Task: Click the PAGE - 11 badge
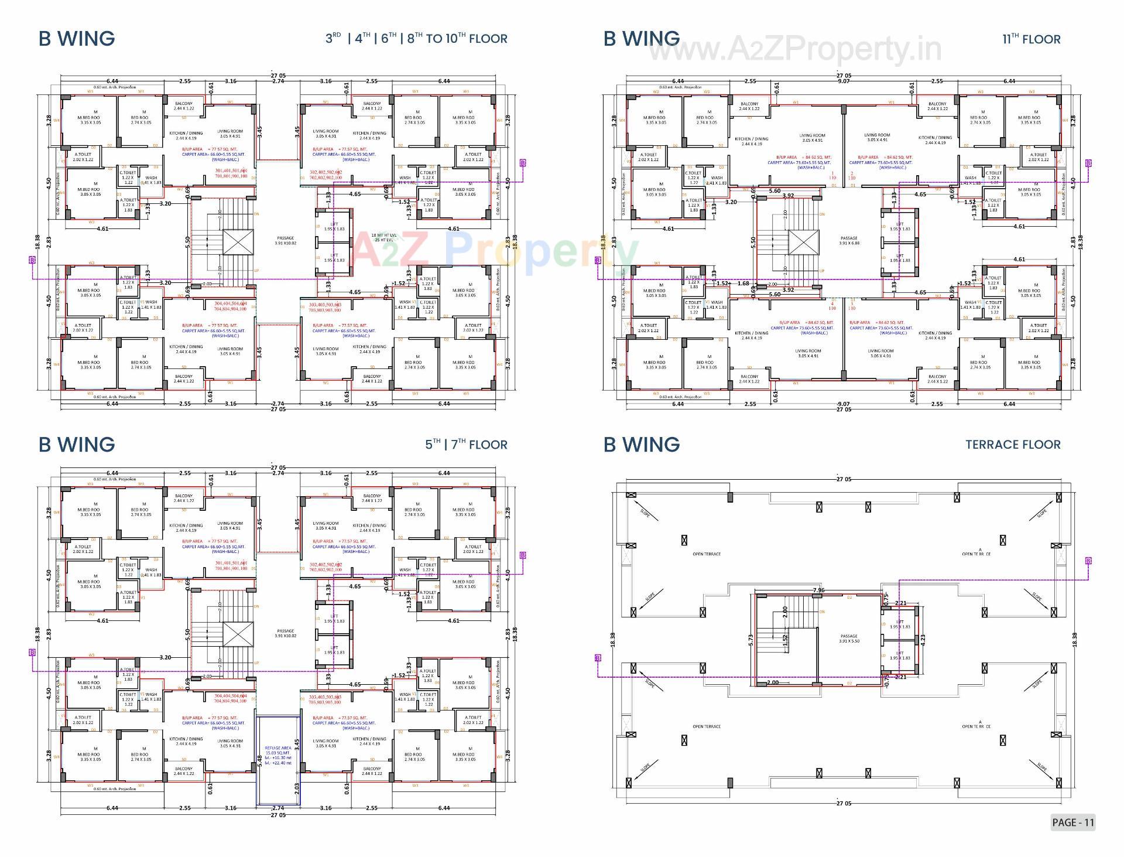(x=1072, y=822)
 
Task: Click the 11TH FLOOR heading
(x=1031, y=39)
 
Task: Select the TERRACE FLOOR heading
(x=1013, y=445)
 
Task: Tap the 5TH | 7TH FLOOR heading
(x=466, y=445)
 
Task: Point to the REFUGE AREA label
(x=278, y=748)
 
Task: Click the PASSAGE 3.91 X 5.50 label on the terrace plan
(x=849, y=639)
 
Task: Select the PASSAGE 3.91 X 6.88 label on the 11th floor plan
(x=849, y=241)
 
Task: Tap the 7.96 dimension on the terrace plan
(x=818, y=590)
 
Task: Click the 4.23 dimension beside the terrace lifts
(x=923, y=639)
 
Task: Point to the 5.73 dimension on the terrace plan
(x=751, y=641)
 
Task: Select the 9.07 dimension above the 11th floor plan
(x=844, y=81)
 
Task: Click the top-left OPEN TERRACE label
(x=707, y=554)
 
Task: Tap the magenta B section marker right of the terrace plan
(x=1088, y=561)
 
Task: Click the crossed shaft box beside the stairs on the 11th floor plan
(x=803, y=242)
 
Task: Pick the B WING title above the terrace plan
(x=642, y=445)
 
